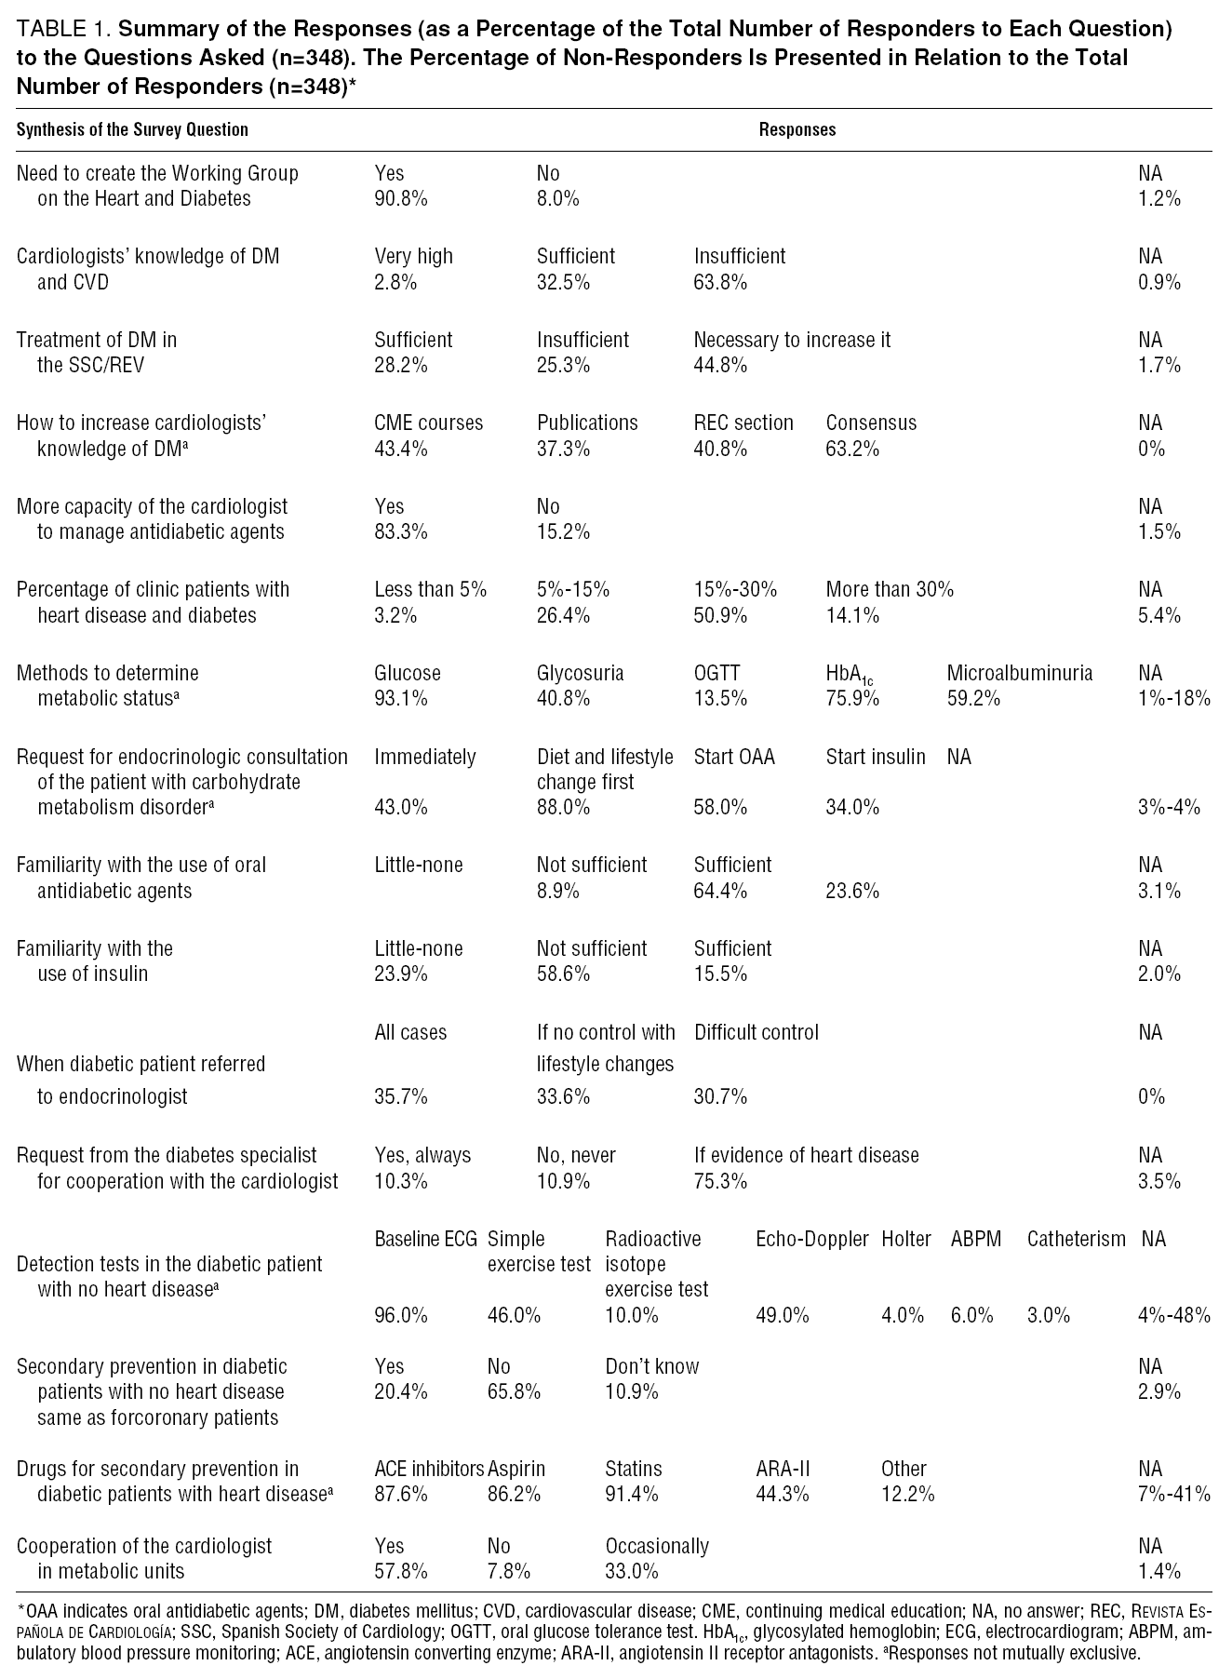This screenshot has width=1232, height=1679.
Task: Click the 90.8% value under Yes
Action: pyautogui.click(x=401, y=198)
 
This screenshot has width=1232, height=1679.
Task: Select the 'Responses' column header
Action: pyautogui.click(x=797, y=130)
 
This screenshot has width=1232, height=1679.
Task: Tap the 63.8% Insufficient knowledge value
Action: pyautogui.click(x=720, y=282)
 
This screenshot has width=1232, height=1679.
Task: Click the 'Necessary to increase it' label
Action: pyautogui.click(x=792, y=340)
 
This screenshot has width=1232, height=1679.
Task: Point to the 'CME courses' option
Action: pyautogui.click(x=428, y=423)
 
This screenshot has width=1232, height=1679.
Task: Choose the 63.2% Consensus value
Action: pyautogui.click(x=852, y=449)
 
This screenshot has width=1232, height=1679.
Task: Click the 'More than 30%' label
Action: pyautogui.click(x=889, y=589)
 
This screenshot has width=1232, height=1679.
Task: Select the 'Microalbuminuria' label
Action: pyautogui.click(x=1020, y=673)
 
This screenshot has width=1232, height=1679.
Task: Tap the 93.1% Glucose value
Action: pyautogui.click(x=401, y=698)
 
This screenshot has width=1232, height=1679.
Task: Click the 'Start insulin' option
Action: pyautogui.click(x=875, y=757)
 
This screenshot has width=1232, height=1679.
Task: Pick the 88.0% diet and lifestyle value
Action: pyautogui.click(x=563, y=807)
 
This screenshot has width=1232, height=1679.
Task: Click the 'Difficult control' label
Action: pyautogui.click(x=756, y=1032)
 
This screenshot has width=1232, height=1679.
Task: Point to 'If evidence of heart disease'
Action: pyautogui.click(x=806, y=1155)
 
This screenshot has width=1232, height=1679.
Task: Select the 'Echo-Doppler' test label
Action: pyautogui.click(x=811, y=1239)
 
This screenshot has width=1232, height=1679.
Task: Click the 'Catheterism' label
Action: pyautogui.click(x=1076, y=1239)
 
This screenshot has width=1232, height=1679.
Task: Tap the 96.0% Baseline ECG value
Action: pyautogui.click(x=401, y=1315)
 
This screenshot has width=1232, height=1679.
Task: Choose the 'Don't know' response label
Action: pyautogui.click(x=651, y=1366)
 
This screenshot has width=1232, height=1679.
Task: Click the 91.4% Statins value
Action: pyautogui.click(x=631, y=1494)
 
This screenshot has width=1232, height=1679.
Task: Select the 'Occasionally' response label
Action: pyautogui.click(x=656, y=1546)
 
